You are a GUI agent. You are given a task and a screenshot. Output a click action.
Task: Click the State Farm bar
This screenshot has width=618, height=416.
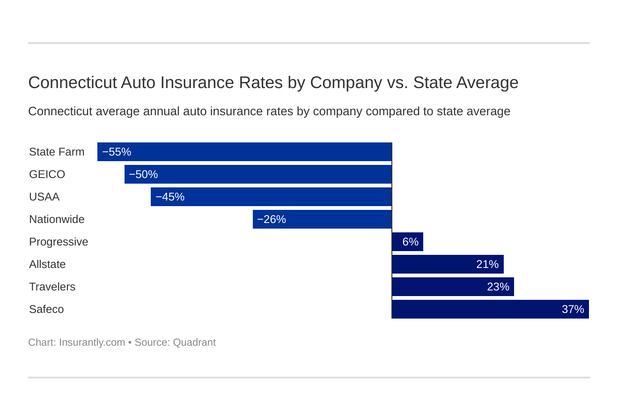[244, 152]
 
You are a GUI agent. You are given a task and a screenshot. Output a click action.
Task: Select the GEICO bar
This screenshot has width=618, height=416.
[258, 174]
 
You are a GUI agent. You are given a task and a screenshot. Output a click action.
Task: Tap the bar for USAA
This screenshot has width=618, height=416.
[271, 197]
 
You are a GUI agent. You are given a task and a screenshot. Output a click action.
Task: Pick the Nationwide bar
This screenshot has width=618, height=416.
[322, 219]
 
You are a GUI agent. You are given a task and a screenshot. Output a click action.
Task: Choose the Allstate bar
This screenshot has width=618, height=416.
[448, 264]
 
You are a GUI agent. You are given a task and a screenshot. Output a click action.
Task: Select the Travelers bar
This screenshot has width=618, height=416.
[453, 287]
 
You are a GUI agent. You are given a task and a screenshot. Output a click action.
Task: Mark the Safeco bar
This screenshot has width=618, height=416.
[490, 309]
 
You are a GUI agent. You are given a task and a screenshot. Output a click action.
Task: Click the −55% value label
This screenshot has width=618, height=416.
[117, 152]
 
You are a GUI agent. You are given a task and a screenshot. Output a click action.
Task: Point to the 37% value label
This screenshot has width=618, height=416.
[573, 309]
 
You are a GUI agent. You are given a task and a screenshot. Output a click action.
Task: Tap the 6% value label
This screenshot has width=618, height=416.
[410, 242]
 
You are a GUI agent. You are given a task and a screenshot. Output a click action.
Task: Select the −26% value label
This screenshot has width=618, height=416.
[272, 219]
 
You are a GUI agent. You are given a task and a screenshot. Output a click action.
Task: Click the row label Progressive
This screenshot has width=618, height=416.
[59, 242]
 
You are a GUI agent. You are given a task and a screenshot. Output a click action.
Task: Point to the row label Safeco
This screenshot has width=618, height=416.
[46, 309]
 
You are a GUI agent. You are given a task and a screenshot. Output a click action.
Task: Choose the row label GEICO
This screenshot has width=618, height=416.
[47, 174]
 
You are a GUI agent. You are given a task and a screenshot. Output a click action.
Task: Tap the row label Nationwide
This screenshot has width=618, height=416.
[57, 219]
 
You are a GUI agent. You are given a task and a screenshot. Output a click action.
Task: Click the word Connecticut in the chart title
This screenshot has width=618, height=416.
[72, 82]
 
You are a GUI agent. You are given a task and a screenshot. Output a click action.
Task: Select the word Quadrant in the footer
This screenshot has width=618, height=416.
[194, 342]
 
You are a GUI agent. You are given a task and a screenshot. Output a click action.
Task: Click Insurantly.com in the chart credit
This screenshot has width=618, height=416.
[92, 342]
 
